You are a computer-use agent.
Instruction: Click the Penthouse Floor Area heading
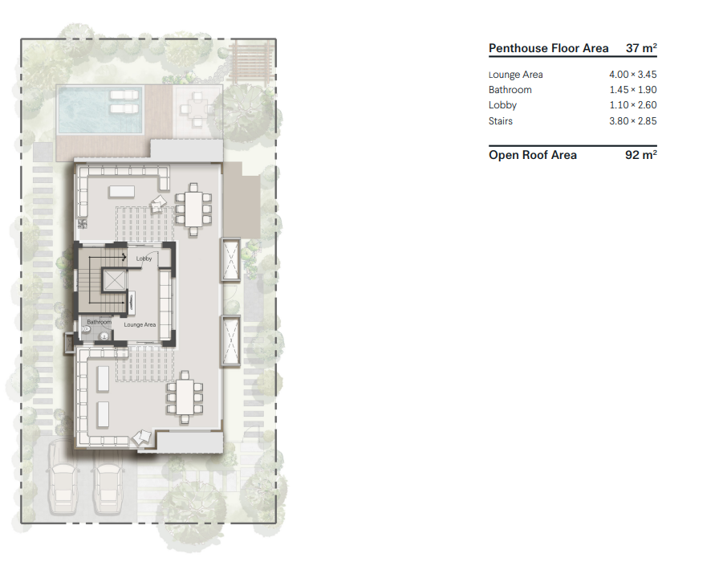(x=548, y=48)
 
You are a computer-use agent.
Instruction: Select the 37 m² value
(x=641, y=47)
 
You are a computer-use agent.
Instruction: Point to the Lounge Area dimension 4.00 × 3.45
(x=632, y=74)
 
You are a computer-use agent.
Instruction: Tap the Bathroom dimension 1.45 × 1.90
(x=632, y=89)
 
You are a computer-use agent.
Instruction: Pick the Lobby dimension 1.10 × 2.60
(x=632, y=104)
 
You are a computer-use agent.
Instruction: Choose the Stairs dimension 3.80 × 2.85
(x=632, y=121)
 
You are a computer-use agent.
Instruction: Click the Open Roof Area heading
(x=533, y=155)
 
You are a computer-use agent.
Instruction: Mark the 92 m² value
(x=641, y=154)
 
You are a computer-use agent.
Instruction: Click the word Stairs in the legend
(x=500, y=121)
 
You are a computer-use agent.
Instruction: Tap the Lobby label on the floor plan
(x=144, y=259)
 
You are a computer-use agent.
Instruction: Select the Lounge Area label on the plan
(x=140, y=324)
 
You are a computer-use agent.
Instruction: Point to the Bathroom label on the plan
(x=100, y=322)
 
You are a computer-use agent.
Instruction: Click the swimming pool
(x=100, y=110)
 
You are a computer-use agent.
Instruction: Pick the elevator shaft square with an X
(x=114, y=280)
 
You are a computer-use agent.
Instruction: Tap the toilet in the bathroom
(x=86, y=329)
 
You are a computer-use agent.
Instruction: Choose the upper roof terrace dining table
(x=193, y=209)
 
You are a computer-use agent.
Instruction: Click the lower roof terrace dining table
(x=185, y=397)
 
